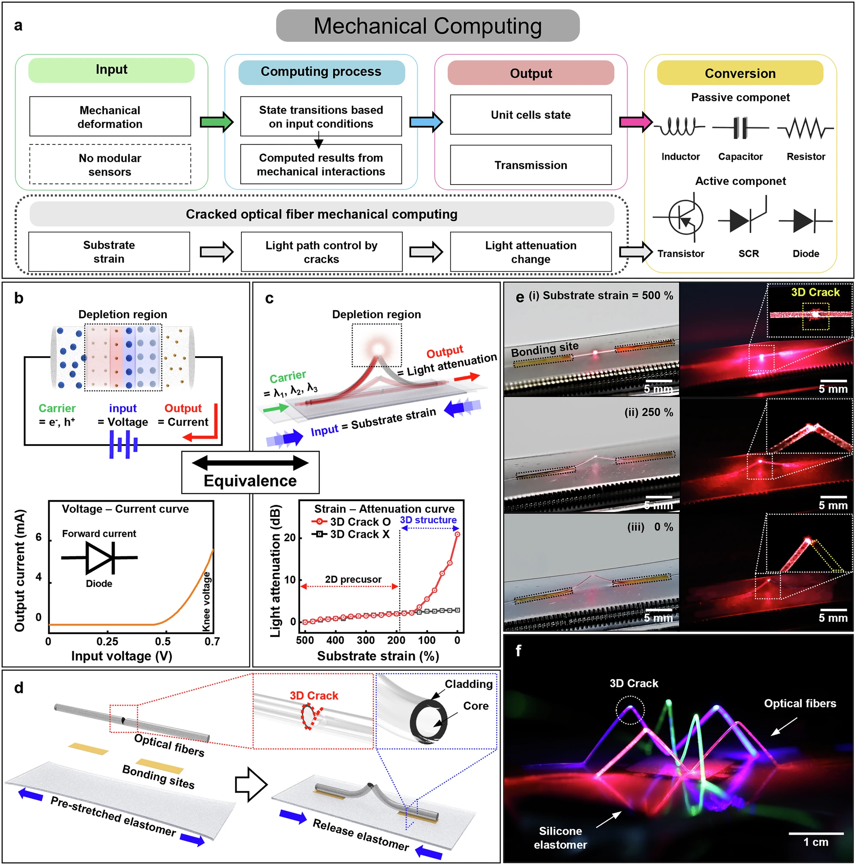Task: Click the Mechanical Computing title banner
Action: [x=427, y=26]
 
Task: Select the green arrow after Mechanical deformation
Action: [x=216, y=121]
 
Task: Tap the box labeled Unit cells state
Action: [x=531, y=115]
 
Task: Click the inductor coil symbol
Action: [x=679, y=127]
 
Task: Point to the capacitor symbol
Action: [x=740, y=128]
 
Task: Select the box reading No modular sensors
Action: [x=110, y=164]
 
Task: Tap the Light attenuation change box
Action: [x=531, y=252]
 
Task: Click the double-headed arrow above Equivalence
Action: [x=250, y=462]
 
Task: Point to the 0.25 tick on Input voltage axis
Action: [x=107, y=641]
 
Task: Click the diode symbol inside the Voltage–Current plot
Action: [x=99, y=558]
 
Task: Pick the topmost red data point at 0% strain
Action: [x=457, y=534]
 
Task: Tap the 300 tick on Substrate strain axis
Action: [x=366, y=640]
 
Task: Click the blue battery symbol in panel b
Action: [x=123, y=444]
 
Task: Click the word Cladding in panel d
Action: [x=468, y=684]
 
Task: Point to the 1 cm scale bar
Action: [x=816, y=833]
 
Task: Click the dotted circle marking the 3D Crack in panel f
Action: [x=630, y=710]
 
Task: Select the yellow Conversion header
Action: [x=740, y=73]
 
